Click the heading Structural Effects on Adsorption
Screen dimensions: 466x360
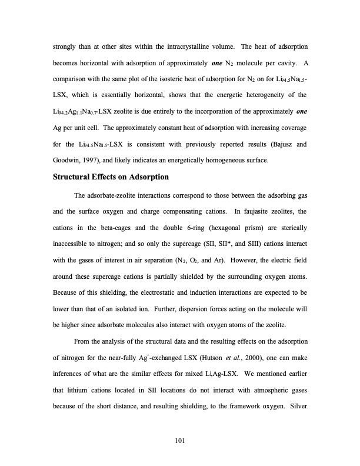pyautogui.click(x=111, y=177)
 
